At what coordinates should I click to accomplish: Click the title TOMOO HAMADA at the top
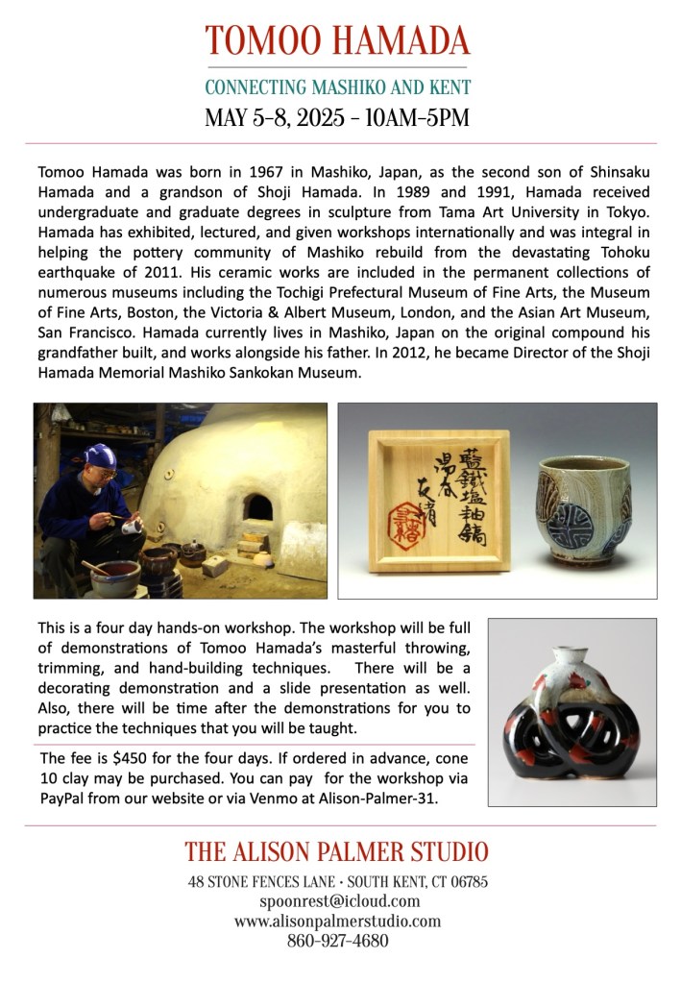tap(338, 40)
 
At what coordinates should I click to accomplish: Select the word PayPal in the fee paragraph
tap(65, 798)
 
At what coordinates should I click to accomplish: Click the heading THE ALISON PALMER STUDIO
tap(336, 851)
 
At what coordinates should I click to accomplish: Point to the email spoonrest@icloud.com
tap(339, 901)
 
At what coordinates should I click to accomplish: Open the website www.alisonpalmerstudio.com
tap(337, 922)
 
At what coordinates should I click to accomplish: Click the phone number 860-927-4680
tap(337, 942)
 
